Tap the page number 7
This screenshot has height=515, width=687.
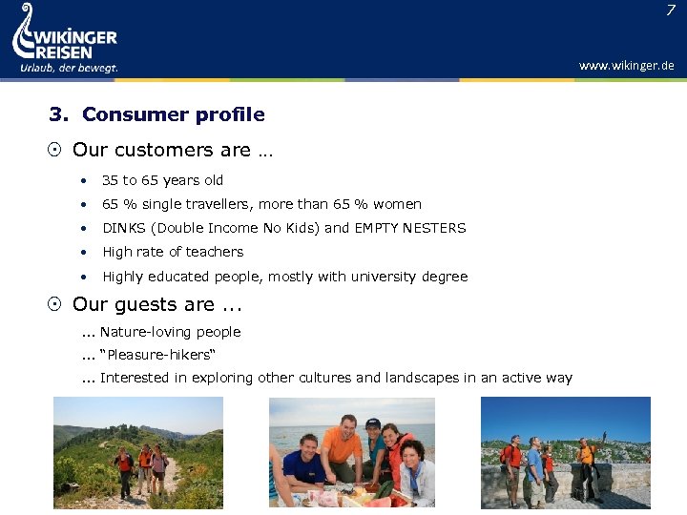669,10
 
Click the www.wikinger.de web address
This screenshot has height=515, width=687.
626,66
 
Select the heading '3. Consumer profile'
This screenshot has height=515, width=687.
156,114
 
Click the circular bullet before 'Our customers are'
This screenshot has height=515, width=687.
56,151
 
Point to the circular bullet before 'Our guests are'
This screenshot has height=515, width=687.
56,305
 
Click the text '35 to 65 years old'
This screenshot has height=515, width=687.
162,180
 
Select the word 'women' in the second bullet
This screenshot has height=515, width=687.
398,204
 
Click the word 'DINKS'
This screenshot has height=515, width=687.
123,228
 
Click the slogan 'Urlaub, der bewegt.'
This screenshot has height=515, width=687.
69,68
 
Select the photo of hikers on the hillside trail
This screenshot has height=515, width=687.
137,452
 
